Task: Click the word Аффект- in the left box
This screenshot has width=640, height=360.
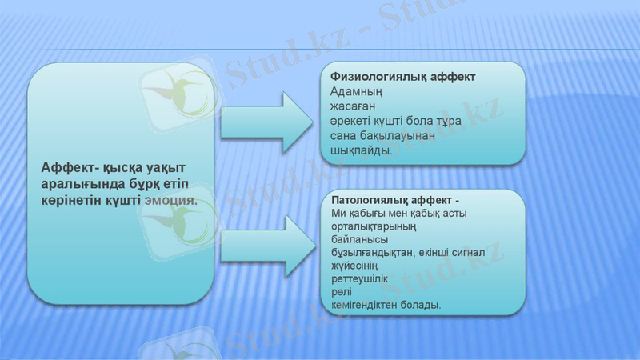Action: pos(70,166)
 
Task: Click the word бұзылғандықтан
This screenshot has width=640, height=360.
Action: pos(371,252)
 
